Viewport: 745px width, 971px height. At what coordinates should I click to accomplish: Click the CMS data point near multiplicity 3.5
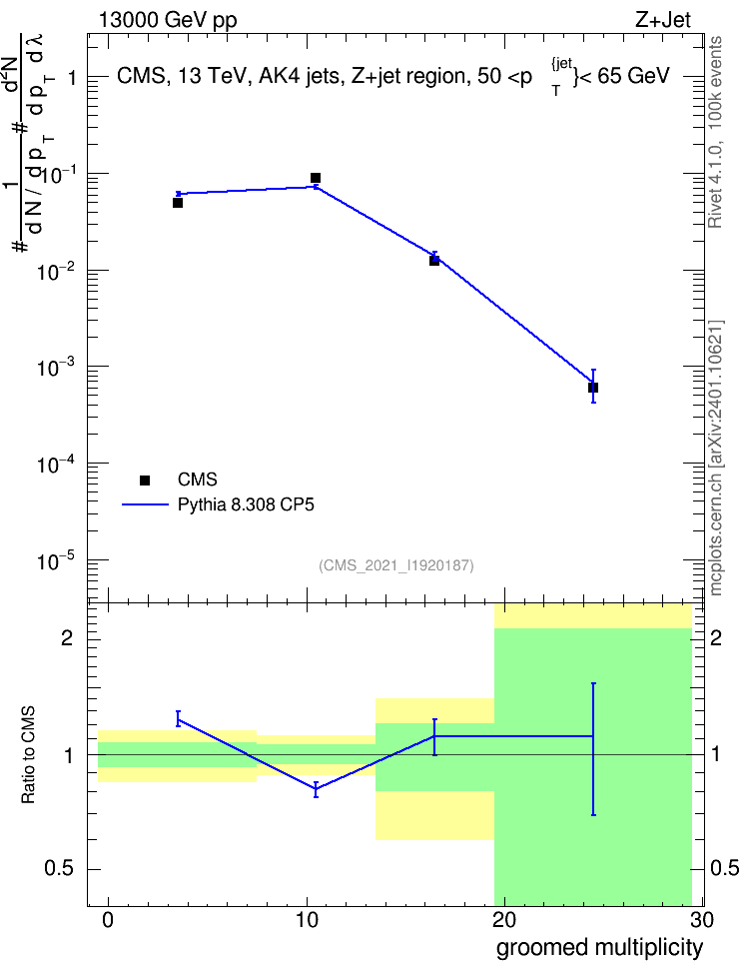(178, 203)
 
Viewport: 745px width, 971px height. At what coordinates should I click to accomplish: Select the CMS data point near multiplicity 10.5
(316, 178)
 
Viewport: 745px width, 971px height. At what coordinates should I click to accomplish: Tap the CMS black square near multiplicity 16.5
(434, 261)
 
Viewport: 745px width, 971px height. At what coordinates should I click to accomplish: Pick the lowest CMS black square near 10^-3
(592, 388)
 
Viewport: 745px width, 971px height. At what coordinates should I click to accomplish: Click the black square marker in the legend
(145, 480)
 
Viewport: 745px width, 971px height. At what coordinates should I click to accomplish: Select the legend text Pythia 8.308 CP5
(246, 505)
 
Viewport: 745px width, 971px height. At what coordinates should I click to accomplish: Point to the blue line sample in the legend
(146, 504)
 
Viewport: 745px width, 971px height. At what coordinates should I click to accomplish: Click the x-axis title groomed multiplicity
(599, 948)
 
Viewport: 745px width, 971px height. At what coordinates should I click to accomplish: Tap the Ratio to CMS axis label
(28, 755)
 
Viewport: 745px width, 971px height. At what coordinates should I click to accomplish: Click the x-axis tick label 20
(504, 920)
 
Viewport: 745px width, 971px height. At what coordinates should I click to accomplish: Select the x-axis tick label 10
(307, 920)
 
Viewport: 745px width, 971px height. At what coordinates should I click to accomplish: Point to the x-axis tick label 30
(702, 920)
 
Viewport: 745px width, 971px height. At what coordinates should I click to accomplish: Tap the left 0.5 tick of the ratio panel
(59, 869)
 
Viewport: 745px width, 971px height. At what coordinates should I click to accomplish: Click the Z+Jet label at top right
(662, 20)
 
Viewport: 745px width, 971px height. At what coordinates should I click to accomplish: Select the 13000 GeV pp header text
(167, 21)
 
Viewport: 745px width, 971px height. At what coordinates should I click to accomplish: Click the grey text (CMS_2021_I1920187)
(396, 565)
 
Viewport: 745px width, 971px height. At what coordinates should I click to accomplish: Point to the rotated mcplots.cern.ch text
(715, 458)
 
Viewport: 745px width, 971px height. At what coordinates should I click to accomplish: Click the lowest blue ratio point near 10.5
(316, 789)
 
